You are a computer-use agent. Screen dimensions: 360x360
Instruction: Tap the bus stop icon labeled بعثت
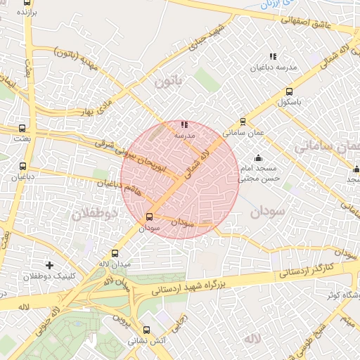23,129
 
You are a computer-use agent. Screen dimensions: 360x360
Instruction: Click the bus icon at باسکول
289,91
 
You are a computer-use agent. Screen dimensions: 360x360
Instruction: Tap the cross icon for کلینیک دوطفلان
49,265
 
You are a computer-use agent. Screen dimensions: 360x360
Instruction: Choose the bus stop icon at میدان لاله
115,253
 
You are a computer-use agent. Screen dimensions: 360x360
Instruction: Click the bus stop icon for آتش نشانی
146,330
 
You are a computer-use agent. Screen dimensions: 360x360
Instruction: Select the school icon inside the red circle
184,124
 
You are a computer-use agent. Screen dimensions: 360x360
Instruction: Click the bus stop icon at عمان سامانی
243,121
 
